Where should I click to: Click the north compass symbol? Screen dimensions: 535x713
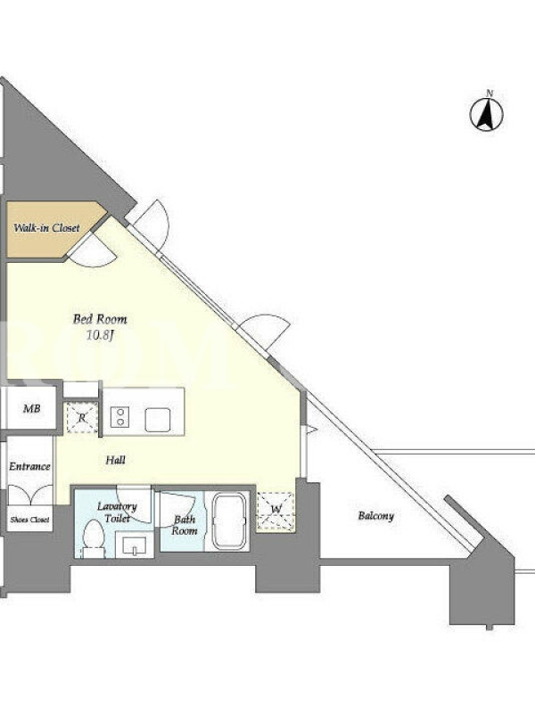(x=486, y=114)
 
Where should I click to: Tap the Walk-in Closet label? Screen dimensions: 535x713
(x=46, y=228)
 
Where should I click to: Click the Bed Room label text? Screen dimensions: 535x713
(x=100, y=319)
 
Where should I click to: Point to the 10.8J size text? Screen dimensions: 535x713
(x=100, y=336)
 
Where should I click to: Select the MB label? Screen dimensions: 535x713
(x=32, y=409)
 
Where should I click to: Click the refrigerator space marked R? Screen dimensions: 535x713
(x=82, y=417)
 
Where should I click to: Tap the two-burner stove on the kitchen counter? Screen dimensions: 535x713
(x=120, y=417)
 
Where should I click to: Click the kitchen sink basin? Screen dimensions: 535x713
(x=158, y=419)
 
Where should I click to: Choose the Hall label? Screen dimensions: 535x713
(x=116, y=460)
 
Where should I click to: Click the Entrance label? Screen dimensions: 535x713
(x=29, y=466)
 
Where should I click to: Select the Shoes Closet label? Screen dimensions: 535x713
(x=29, y=520)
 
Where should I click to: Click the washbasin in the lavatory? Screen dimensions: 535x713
(x=135, y=545)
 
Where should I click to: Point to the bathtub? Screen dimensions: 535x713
(x=230, y=521)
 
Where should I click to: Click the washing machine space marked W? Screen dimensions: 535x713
(x=276, y=511)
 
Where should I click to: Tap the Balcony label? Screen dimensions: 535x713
(x=375, y=516)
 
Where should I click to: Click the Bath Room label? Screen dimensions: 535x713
(x=185, y=525)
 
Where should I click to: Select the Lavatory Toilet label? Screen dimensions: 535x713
(x=117, y=512)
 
